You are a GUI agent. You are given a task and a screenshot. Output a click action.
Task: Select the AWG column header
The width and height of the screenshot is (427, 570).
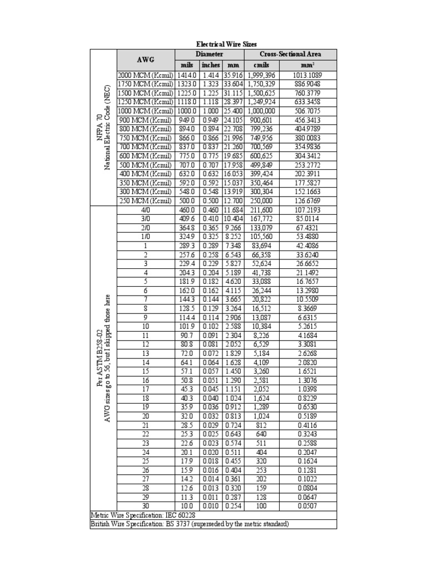click(145, 60)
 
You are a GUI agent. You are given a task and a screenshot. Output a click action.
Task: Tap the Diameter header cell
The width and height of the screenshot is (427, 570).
click(210, 54)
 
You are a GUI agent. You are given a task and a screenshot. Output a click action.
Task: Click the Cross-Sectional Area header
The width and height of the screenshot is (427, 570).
click(290, 54)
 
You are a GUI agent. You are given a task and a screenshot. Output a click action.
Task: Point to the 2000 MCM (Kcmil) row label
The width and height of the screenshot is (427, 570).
click(145, 75)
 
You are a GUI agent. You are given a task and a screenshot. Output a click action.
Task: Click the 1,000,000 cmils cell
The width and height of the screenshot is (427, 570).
click(261, 110)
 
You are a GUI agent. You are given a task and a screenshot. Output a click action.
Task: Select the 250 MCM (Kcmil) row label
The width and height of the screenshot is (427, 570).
click(145, 200)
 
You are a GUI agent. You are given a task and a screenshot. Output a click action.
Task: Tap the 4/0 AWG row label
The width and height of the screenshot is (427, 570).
click(145, 210)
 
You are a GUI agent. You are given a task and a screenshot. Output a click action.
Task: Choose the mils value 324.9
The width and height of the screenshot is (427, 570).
click(186, 237)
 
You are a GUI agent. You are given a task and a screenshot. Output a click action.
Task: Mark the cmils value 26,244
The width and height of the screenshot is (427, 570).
click(261, 290)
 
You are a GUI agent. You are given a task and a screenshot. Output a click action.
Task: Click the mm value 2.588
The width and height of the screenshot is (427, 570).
click(234, 326)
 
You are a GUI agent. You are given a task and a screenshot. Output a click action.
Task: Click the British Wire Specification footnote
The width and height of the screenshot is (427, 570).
click(190, 524)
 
